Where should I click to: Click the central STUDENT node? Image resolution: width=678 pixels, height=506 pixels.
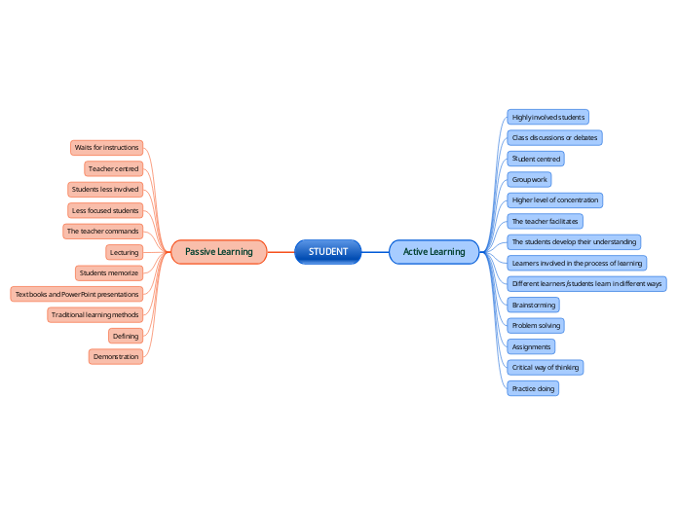coord(328,252)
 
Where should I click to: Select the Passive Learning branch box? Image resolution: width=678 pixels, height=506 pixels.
coord(218,252)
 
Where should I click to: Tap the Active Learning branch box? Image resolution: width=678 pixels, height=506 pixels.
coord(434,252)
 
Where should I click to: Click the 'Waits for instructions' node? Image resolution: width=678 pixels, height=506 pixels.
coord(106,148)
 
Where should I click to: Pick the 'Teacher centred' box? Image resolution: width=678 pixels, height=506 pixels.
coord(113,168)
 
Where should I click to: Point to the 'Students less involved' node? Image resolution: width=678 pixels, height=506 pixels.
coord(105,190)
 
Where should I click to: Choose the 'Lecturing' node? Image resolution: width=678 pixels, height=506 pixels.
coord(124,252)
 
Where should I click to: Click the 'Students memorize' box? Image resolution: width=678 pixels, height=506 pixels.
coord(109,273)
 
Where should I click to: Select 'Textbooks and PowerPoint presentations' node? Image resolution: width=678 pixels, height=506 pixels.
coord(77,294)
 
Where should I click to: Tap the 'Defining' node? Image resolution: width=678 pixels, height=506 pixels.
coord(126,336)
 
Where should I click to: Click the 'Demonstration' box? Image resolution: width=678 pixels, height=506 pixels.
coord(116,357)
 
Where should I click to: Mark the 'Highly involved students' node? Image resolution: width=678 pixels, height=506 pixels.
coord(548,117)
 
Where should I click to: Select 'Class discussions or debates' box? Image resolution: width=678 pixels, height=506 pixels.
coord(555,137)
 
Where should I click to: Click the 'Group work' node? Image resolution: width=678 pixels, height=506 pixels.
coord(530,179)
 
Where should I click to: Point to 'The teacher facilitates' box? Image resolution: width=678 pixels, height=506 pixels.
coord(546,221)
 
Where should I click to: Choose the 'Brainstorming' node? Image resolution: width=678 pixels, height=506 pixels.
coord(534,305)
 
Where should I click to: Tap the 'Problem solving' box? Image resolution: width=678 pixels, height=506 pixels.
coord(536,325)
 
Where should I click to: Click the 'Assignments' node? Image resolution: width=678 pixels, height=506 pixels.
coord(532,346)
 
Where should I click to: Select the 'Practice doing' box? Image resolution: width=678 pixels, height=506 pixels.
coord(534,388)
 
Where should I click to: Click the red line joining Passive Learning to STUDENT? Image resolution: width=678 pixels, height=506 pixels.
coord(281,252)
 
